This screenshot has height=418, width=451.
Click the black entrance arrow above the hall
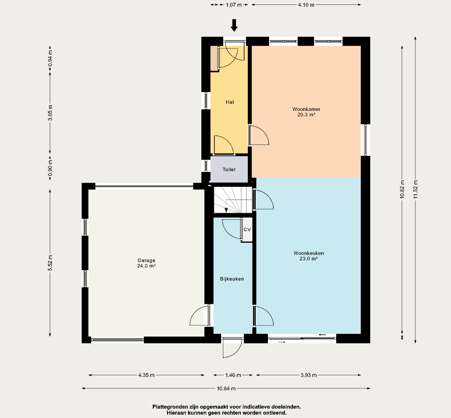[234, 25]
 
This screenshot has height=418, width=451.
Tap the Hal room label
[230, 102]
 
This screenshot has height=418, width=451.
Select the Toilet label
[229, 170]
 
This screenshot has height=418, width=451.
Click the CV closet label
[247, 229]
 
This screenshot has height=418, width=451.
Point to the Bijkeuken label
[232, 279]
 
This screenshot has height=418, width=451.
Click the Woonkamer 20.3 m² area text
[307, 112]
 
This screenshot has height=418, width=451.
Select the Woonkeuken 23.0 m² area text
[309, 256]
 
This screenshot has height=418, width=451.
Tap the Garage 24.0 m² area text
[146, 263]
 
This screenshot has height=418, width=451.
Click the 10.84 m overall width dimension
[226, 388]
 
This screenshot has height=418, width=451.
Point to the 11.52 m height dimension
[416, 189]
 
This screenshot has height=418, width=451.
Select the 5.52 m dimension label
[50, 263]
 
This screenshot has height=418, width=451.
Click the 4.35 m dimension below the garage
[146, 375]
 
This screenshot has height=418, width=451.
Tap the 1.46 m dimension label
[233, 375]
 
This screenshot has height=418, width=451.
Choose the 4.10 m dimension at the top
[306, 4]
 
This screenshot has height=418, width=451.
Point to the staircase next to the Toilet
[233, 200]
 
